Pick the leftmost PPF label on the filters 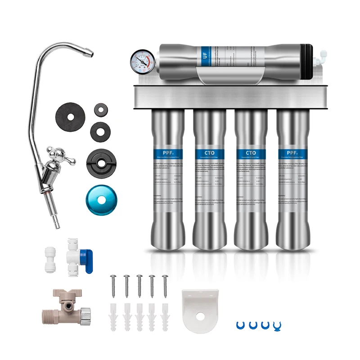point(167,153)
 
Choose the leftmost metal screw point(114,286)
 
